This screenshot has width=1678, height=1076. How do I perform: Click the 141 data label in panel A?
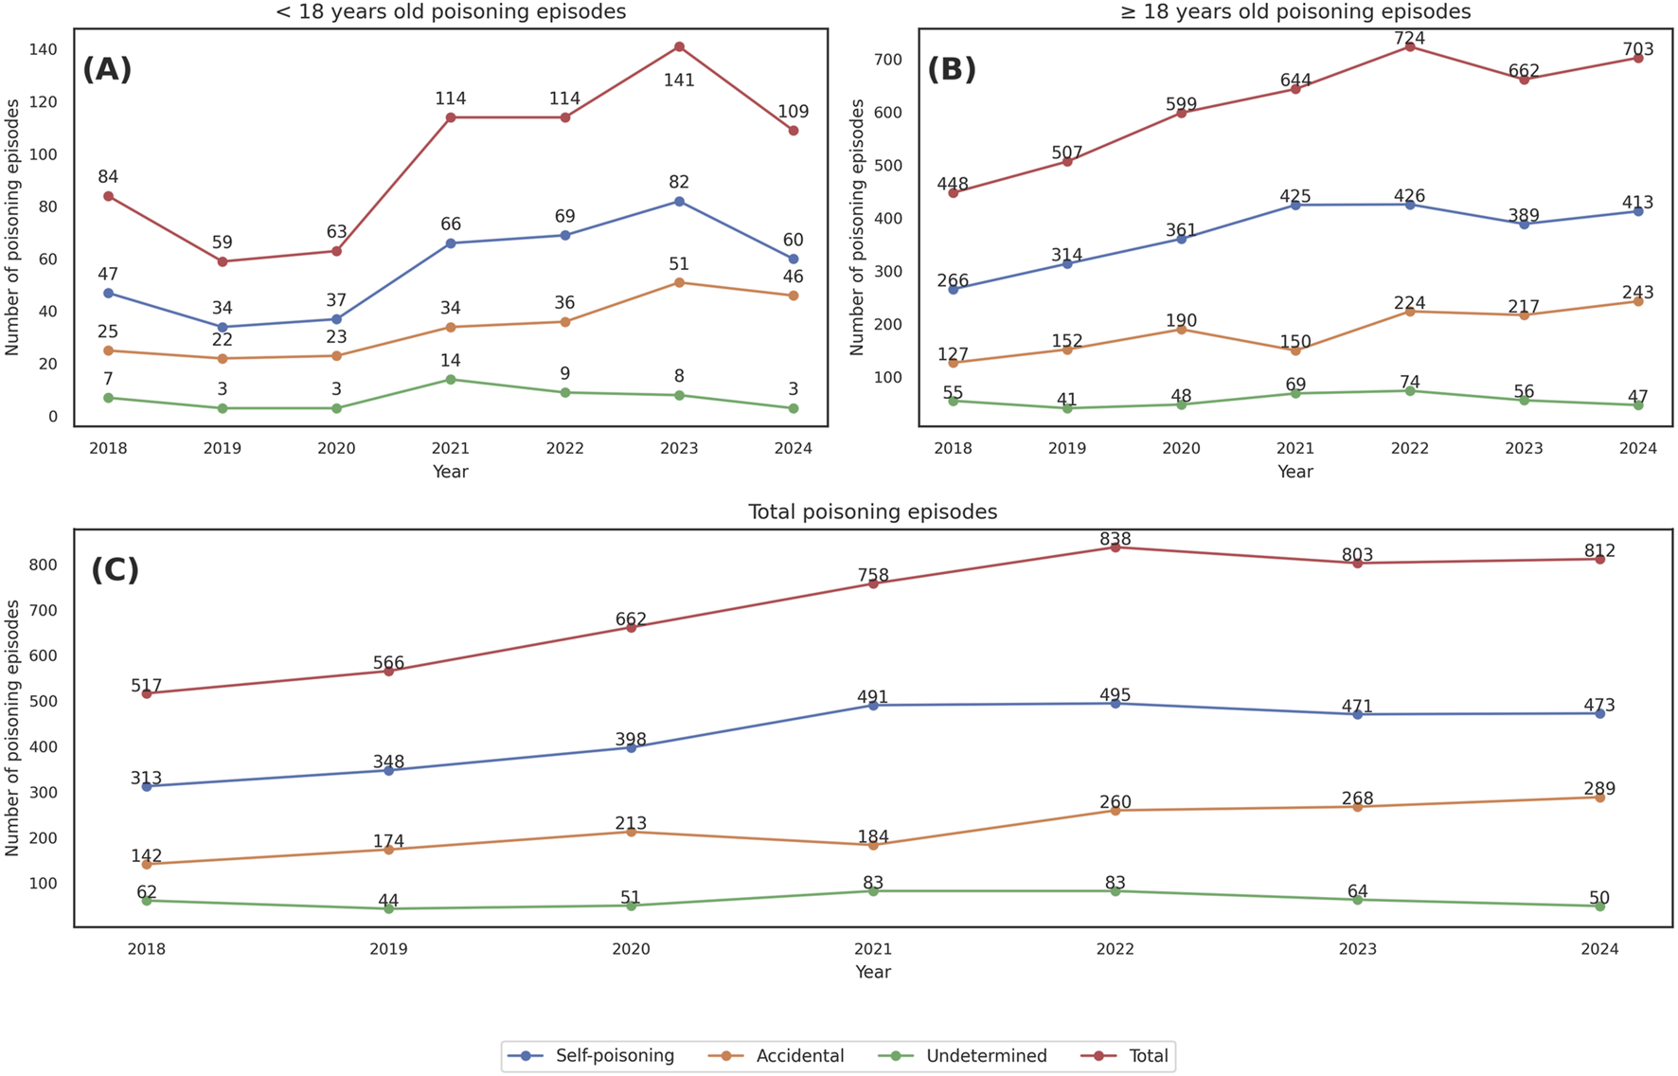pos(679,81)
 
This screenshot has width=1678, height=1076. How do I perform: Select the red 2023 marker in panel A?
pos(679,46)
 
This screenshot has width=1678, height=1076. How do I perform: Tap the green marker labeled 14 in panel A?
pos(451,380)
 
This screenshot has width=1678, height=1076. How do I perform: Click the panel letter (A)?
pos(107,69)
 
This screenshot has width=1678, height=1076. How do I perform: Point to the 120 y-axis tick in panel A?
pos(44,102)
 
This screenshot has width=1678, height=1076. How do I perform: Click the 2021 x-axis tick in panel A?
pos(451,449)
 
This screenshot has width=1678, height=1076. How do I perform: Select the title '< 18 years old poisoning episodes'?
pos(451,12)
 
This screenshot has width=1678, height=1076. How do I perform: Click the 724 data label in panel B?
pos(1409,39)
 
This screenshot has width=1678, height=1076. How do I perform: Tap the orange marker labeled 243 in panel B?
pos(1637,301)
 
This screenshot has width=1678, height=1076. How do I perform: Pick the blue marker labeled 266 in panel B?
pos(954,289)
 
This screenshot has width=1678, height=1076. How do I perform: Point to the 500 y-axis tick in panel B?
pos(888,166)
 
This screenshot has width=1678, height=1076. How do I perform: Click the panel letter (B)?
pos(952,69)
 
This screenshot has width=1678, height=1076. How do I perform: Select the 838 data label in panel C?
pos(1116,539)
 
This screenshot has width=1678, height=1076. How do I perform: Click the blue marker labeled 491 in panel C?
pos(873,706)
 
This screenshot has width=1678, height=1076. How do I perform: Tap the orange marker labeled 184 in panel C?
pos(873,845)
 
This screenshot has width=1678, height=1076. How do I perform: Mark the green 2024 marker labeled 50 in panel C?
pos(1600,906)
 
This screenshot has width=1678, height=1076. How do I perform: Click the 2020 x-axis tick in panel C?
pos(631,949)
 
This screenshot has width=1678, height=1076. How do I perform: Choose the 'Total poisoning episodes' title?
pos(872,512)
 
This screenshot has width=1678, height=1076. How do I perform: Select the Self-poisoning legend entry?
pos(599,1056)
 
